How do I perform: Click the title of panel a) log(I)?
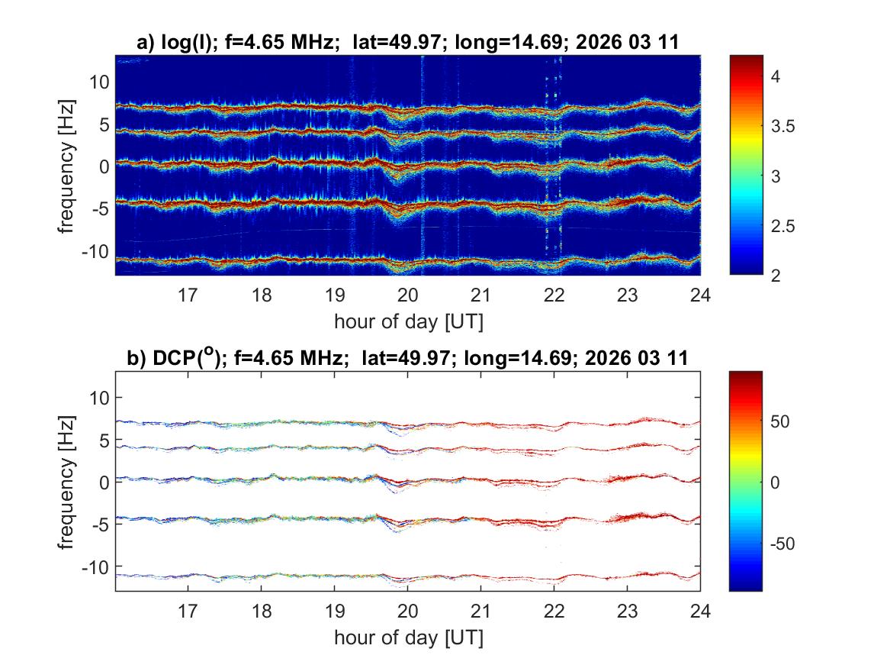point(407,44)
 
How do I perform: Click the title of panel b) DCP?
point(407,357)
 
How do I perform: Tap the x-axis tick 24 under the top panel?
point(700,295)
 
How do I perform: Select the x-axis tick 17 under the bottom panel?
point(188,611)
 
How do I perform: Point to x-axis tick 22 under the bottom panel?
point(554,611)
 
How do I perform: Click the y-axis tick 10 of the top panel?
point(100,82)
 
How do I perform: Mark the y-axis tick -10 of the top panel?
point(97,252)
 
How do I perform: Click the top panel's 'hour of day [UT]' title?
point(408,321)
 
